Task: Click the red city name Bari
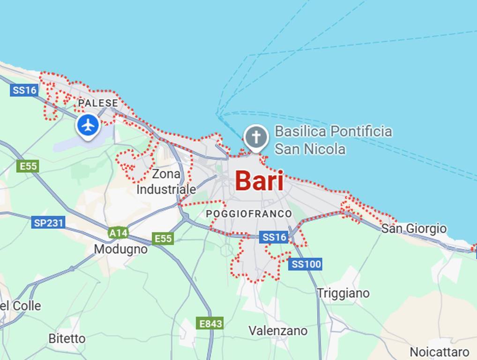click(x=259, y=181)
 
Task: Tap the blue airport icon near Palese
click(x=88, y=125)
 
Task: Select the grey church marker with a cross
click(x=256, y=138)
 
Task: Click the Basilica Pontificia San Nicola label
click(x=333, y=140)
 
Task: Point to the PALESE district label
click(x=98, y=103)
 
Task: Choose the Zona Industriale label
click(x=166, y=182)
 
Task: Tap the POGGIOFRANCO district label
click(x=249, y=214)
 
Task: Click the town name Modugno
click(x=120, y=249)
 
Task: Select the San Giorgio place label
click(x=414, y=229)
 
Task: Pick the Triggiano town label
click(x=343, y=293)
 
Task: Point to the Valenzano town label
click(x=278, y=330)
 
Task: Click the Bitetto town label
click(x=67, y=338)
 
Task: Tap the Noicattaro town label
click(x=439, y=352)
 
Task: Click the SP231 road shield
click(x=48, y=223)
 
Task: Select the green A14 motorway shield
click(x=118, y=232)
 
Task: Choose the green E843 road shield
click(x=210, y=323)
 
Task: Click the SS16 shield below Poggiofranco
click(x=274, y=238)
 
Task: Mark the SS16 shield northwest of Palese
click(x=24, y=90)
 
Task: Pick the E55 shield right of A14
click(x=163, y=239)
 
